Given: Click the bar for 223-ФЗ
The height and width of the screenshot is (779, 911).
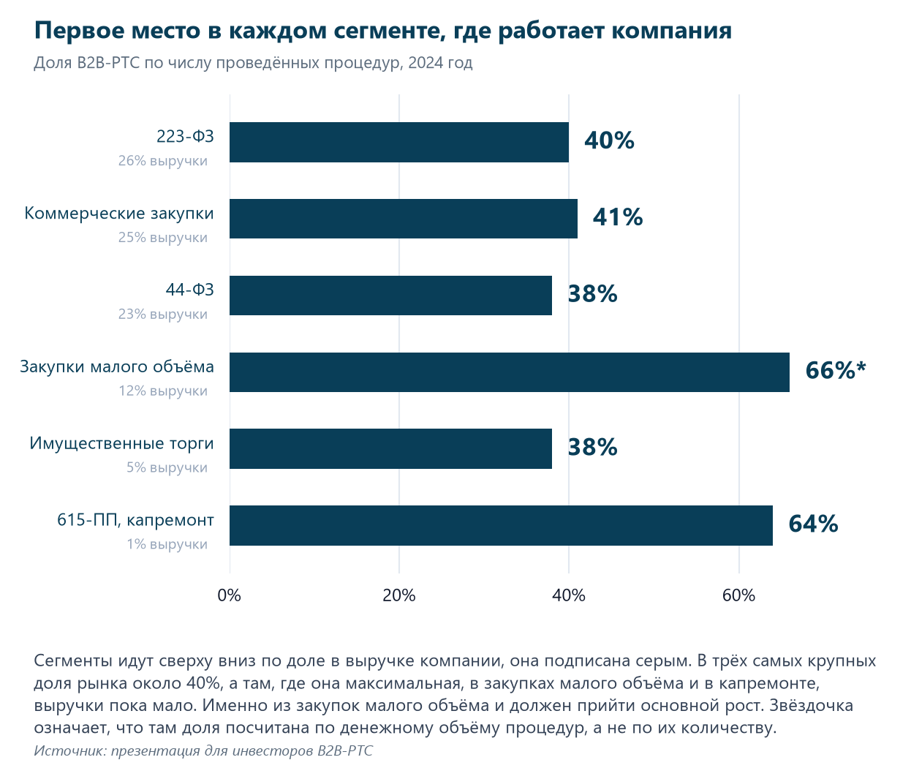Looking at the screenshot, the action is click(399, 143).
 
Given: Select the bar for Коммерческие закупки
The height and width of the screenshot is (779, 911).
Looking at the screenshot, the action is click(404, 219).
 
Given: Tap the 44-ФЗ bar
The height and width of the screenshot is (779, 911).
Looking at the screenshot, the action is click(390, 296).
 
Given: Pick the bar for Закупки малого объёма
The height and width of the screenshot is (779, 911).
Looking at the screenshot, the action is click(510, 372).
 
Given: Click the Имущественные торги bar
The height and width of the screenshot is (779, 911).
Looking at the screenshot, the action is click(390, 449).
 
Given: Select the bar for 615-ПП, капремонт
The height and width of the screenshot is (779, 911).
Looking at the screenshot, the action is click(501, 525).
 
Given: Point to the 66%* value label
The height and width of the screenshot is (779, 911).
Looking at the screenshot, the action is click(836, 370).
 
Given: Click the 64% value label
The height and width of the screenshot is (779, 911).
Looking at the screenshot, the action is click(813, 524).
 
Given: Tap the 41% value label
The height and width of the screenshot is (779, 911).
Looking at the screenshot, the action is click(618, 217).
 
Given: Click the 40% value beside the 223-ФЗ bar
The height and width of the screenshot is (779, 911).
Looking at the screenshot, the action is click(609, 140).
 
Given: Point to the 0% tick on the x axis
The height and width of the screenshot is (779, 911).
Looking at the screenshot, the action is click(229, 595).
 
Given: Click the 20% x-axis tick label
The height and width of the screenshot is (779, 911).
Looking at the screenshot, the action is click(399, 595).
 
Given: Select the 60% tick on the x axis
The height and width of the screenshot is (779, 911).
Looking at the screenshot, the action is click(738, 595).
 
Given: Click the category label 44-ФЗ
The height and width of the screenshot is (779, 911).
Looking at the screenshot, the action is click(190, 290).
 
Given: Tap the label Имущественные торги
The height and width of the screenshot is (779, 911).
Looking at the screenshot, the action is click(121, 443).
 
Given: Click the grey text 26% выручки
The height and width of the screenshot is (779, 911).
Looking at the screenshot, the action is click(162, 161).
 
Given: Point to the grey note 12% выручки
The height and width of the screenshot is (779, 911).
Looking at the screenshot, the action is click(162, 391).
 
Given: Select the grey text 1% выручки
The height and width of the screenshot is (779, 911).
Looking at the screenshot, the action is click(167, 544).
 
